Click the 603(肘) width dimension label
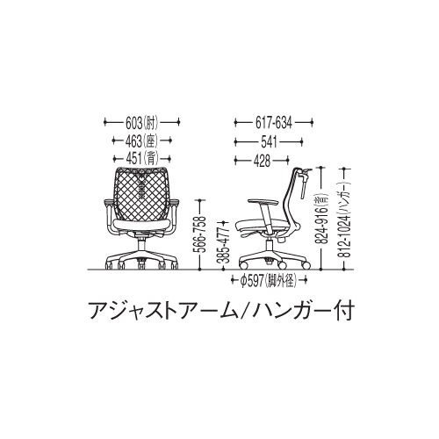[x=141, y=124]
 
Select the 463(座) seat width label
[x=141, y=140]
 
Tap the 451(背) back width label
[x=141, y=157]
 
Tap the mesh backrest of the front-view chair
[x=142, y=194]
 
